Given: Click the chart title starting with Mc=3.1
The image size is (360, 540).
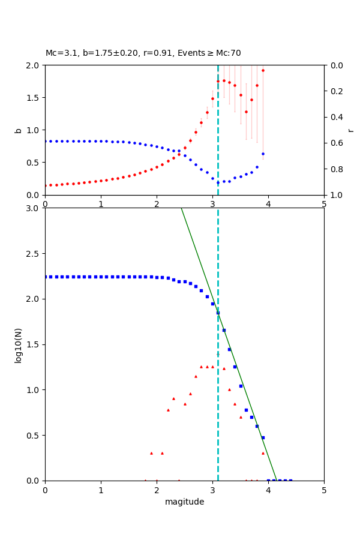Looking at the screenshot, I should [143, 53].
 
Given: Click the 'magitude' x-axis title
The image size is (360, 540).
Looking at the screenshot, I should [184, 502].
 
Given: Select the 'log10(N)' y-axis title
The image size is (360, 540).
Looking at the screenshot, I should [18, 344].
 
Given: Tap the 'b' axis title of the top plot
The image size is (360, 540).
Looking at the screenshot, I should [18, 130].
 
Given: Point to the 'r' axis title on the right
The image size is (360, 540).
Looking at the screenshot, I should [350, 130].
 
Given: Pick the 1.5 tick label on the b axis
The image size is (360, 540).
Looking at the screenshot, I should [33, 98].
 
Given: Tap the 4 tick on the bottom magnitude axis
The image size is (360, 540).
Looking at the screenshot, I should [268, 490].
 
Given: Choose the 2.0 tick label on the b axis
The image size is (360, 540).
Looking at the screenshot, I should [33, 65].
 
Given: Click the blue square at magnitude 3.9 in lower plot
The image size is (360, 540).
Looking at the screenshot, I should [263, 437].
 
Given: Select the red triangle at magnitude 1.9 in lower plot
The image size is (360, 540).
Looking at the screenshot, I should [151, 453].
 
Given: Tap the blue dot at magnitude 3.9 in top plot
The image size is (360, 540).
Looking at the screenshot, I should [263, 154].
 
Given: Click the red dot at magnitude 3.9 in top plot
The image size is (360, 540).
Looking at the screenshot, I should [263, 70].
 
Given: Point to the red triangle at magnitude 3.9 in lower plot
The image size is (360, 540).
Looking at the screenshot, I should [263, 453].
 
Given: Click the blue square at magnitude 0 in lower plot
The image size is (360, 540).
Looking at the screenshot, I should [46, 277].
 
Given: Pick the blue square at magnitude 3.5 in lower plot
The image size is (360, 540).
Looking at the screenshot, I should [241, 386].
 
